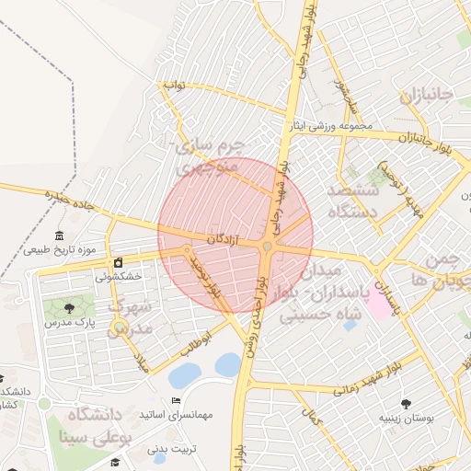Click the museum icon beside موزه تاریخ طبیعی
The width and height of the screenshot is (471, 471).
click(60, 236)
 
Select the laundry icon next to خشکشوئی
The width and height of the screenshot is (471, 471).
click(118, 263)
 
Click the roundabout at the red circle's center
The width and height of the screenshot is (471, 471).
click(267, 246)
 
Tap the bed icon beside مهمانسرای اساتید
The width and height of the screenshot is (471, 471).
click(176, 400)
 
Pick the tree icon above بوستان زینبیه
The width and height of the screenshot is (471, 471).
click(406, 402)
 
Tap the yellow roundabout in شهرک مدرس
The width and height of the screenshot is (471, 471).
click(119, 327)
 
